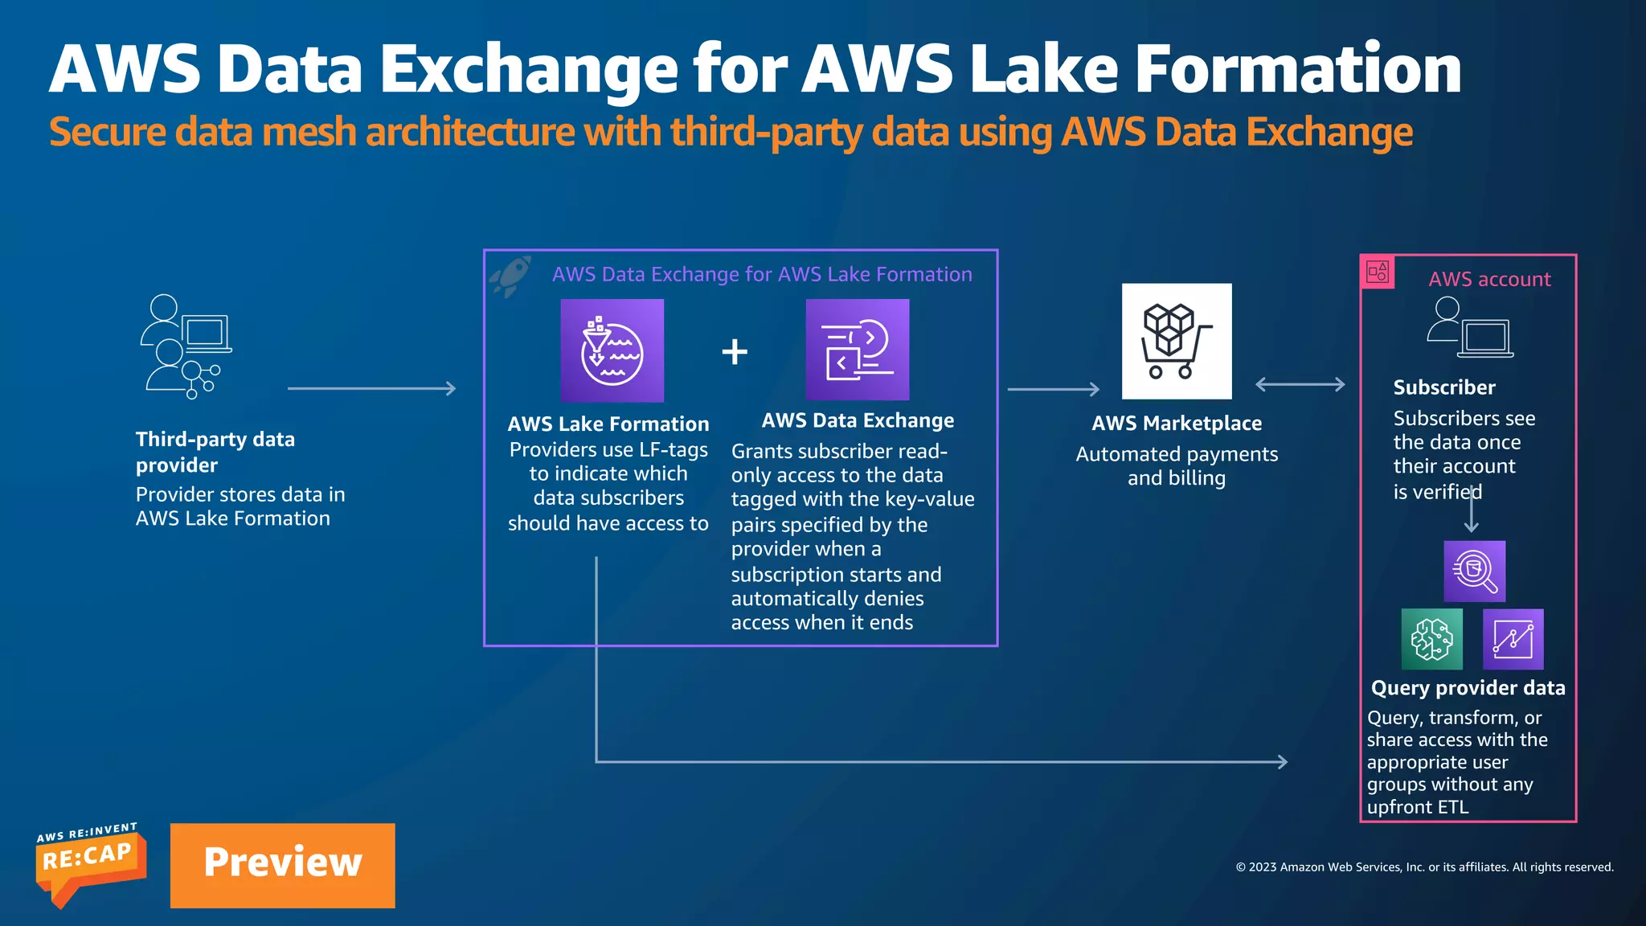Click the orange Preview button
(282, 865)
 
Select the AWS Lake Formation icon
(612, 350)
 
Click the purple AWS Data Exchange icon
(857, 350)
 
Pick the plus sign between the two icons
(735, 351)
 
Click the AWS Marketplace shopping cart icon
(1176, 341)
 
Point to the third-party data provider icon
(186, 346)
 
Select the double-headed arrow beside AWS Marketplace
(1300, 384)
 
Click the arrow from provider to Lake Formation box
(371, 389)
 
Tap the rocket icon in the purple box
(511, 275)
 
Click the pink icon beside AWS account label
(1378, 272)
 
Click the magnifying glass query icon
(1474, 571)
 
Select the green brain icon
(1431, 639)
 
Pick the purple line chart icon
(1513, 639)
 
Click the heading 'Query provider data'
(1468, 688)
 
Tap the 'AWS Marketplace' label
(1176, 423)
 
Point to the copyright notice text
(1424, 867)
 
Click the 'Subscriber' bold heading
(1443, 387)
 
